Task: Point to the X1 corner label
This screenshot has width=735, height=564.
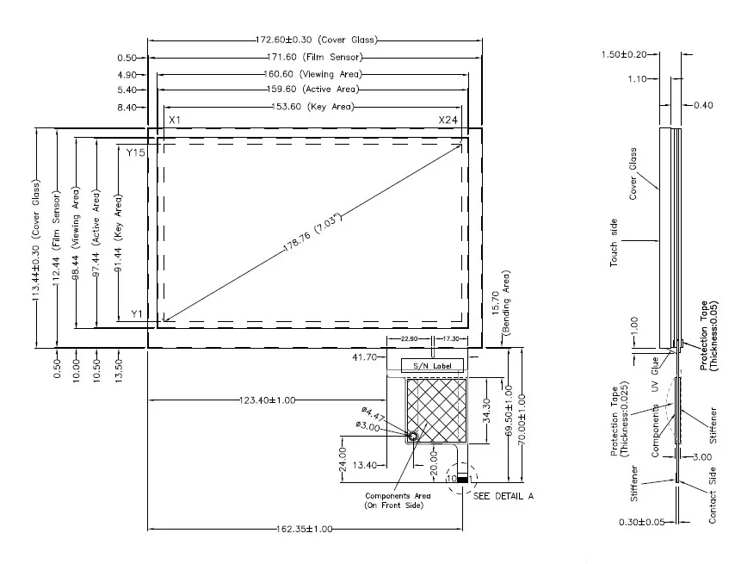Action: pyautogui.click(x=174, y=120)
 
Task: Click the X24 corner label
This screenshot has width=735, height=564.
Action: pyautogui.click(x=448, y=120)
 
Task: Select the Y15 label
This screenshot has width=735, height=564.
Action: pyautogui.click(x=136, y=152)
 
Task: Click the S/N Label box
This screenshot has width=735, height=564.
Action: pyautogui.click(x=433, y=366)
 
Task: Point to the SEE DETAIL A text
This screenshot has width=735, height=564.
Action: pyautogui.click(x=504, y=497)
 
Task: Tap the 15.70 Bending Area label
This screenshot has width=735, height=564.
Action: pyautogui.click(x=500, y=301)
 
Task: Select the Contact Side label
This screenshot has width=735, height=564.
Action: pyautogui.click(x=712, y=495)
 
